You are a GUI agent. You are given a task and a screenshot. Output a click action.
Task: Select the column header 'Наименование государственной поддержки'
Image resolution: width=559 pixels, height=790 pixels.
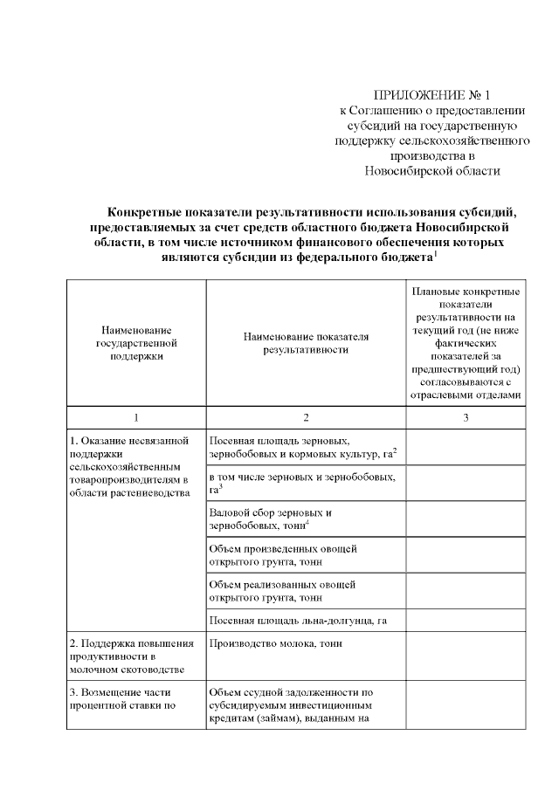tap(136, 343)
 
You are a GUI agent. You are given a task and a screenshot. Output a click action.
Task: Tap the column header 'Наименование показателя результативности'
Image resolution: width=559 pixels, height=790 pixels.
tap(307, 343)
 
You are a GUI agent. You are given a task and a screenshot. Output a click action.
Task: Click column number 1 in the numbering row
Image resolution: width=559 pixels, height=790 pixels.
tap(136, 418)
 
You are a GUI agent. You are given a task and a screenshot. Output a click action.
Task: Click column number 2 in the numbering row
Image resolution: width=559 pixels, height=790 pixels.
tap(307, 418)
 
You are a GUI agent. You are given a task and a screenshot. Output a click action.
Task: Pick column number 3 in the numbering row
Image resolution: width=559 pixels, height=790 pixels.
tap(466, 418)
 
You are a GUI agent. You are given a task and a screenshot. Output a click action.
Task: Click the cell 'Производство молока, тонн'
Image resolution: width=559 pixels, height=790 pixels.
tap(276, 643)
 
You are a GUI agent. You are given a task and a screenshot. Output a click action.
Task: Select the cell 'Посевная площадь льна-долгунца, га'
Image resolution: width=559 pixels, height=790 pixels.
tap(298, 621)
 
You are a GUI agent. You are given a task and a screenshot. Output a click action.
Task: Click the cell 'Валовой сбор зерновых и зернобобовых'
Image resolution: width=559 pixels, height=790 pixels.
tap(271, 519)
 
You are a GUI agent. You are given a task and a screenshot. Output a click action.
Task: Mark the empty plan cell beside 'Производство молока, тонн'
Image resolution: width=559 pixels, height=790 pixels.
tap(466, 656)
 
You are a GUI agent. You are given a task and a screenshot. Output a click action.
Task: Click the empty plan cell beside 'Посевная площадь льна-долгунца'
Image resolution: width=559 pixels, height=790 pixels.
tap(466, 621)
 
